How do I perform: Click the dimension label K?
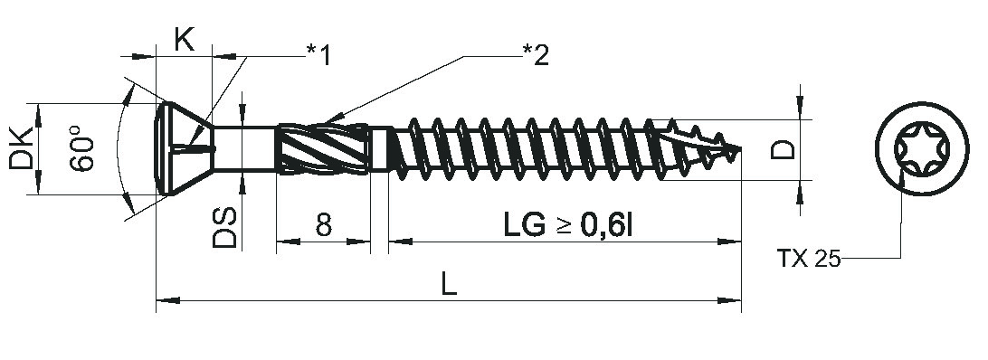(184, 41)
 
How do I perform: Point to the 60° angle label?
(82, 148)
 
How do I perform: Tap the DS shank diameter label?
(224, 227)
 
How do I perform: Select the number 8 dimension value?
(323, 224)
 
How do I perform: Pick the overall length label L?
(448, 285)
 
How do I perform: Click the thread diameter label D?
(784, 150)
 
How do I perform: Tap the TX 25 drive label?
(809, 259)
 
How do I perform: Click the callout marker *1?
(318, 55)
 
